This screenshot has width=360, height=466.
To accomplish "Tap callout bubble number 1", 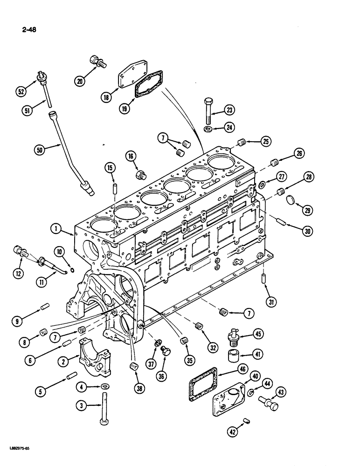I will tap(56, 229).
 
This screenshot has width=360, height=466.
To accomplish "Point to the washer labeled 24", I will tap(208, 128).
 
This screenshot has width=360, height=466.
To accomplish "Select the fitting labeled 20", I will tap(96, 62).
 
